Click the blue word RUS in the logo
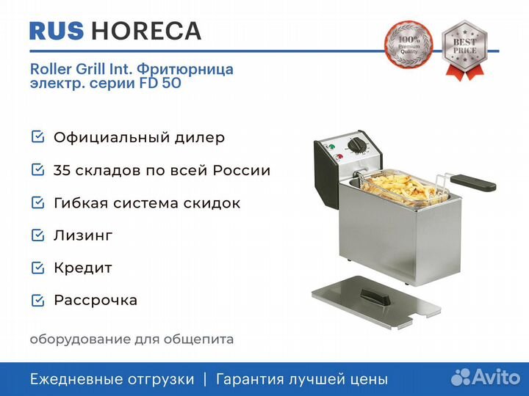tap(57, 31)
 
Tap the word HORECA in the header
tap(146, 31)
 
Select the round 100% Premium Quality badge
tap(409, 45)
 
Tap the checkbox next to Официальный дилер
tap(37, 137)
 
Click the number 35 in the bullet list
tap(62, 170)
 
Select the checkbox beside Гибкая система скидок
tap(37, 202)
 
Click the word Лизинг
tap(83, 235)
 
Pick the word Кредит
tap(83, 268)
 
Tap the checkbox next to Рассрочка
tap(37, 301)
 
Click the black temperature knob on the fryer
tap(356, 146)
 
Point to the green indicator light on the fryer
tap(331, 147)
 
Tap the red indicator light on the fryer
tap(339, 157)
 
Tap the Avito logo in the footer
tap(486, 377)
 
